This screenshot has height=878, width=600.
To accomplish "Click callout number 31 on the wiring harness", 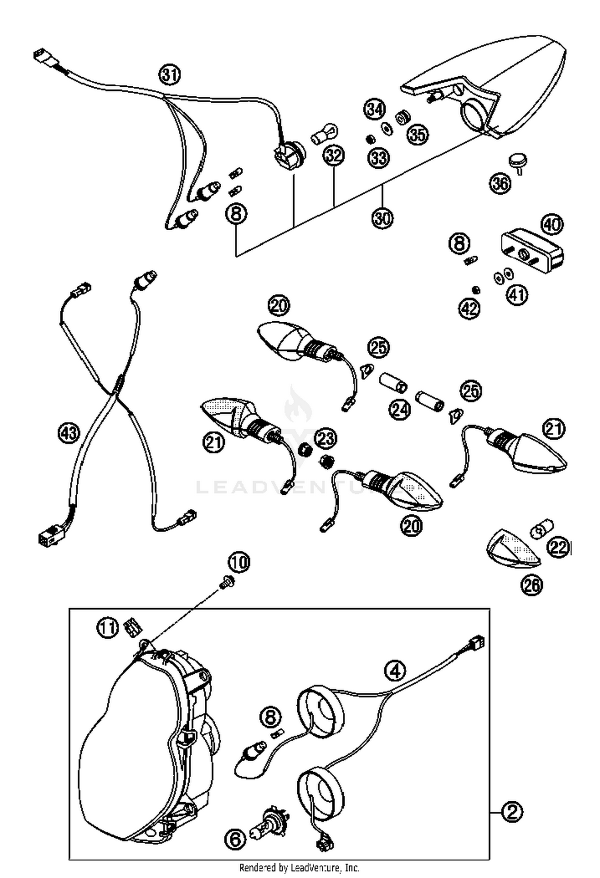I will tap(170, 75).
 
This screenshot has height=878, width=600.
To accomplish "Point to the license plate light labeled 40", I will tap(532, 250).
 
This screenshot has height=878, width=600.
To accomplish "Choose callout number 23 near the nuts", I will tap(326, 438).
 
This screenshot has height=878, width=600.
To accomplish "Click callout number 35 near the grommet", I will tap(418, 135).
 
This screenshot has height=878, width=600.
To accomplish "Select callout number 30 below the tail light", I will tap(383, 218).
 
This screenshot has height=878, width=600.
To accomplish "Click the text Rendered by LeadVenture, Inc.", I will tap(299, 868).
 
